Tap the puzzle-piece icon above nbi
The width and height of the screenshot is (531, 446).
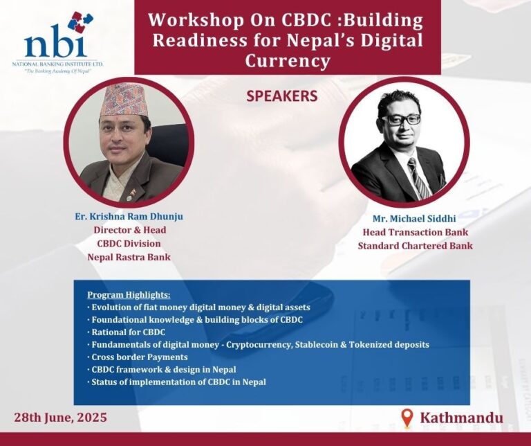click(80, 21)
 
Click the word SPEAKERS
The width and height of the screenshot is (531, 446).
click(282, 96)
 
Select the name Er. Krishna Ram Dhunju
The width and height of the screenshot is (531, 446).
click(129, 216)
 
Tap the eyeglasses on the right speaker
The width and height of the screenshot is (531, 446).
click(403, 119)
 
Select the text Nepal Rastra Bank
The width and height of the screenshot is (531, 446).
click(129, 257)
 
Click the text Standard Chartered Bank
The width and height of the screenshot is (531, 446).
click(415, 246)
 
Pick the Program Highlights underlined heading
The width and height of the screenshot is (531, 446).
click(129, 295)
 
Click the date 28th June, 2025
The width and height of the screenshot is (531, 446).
click(60, 417)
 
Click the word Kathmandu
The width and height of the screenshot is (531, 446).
click(462, 418)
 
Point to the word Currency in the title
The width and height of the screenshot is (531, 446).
click(288, 62)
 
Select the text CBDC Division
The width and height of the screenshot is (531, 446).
click(129, 244)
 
